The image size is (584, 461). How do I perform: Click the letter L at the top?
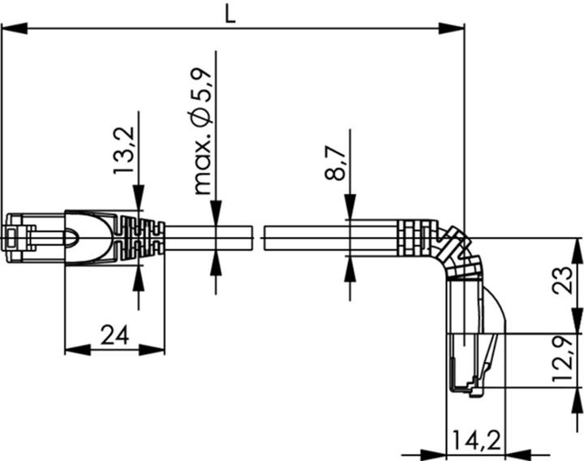(x=230, y=14)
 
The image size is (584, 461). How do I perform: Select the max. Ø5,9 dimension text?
(x=204, y=131)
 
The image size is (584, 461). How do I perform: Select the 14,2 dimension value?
(x=474, y=442)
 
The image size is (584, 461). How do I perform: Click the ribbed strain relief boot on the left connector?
(x=138, y=238)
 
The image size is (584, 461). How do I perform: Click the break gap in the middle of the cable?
(x=259, y=238)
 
